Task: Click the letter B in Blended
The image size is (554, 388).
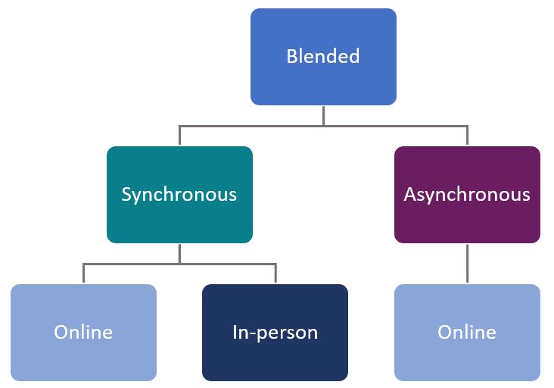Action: [x=291, y=56]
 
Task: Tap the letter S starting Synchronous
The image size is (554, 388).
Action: [x=126, y=194]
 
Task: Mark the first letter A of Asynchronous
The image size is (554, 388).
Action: [x=410, y=194]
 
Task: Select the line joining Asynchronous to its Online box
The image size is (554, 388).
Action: [x=467, y=263]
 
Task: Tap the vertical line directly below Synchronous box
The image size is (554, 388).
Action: [x=179, y=253]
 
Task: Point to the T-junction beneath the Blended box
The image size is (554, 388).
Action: [x=323, y=125]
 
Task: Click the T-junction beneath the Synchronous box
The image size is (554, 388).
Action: [x=179, y=264]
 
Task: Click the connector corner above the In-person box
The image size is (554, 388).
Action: [x=275, y=264]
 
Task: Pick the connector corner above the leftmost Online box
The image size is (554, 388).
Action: [x=83, y=264]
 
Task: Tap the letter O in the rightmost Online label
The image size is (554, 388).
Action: [x=444, y=332]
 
